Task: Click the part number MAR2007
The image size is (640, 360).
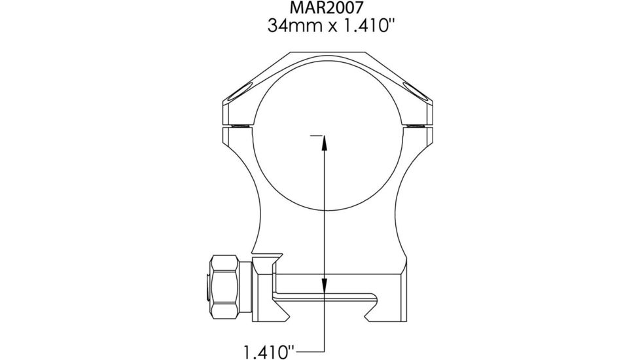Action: click(319, 9)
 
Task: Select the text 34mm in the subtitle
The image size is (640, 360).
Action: click(286, 27)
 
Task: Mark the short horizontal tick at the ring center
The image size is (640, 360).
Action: click(317, 135)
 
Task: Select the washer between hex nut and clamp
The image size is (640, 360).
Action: click(246, 286)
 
